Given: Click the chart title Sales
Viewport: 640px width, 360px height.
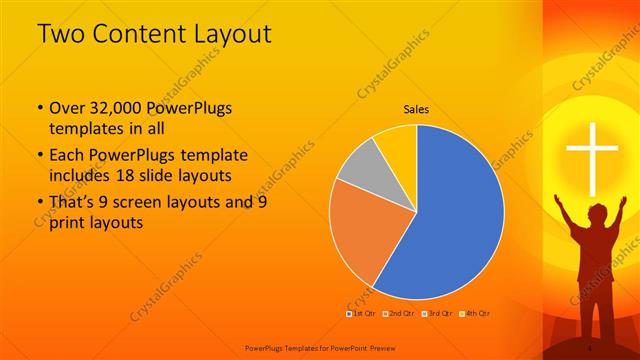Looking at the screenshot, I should click(x=417, y=109).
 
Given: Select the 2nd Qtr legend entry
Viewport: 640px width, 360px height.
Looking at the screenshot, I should click(x=401, y=314).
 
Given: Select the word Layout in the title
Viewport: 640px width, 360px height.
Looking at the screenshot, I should click(x=231, y=34).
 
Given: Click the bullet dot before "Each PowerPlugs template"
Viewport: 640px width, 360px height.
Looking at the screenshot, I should click(x=39, y=156).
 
